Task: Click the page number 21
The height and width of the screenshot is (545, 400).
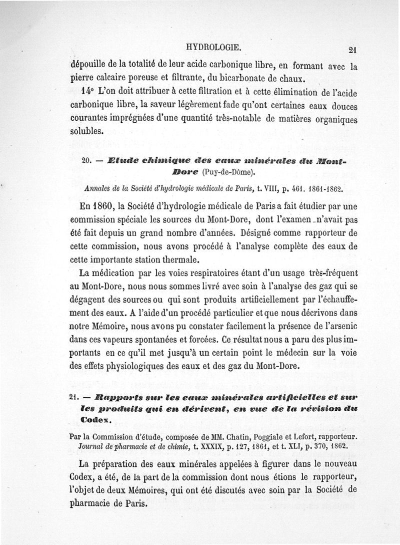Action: pyautogui.click(x=351, y=50)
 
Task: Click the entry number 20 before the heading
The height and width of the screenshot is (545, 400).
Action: pyautogui.click(x=85, y=161)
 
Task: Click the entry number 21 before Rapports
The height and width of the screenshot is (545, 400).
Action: pyautogui.click(x=74, y=397)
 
